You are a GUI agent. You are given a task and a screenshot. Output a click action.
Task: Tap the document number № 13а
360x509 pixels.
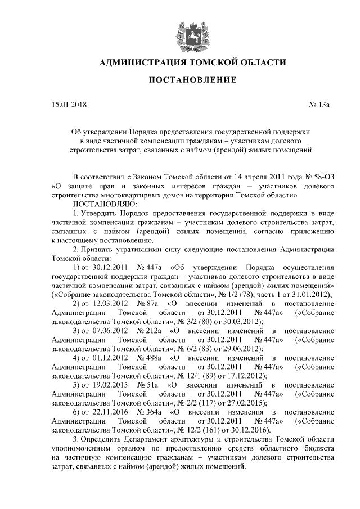[319, 105]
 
